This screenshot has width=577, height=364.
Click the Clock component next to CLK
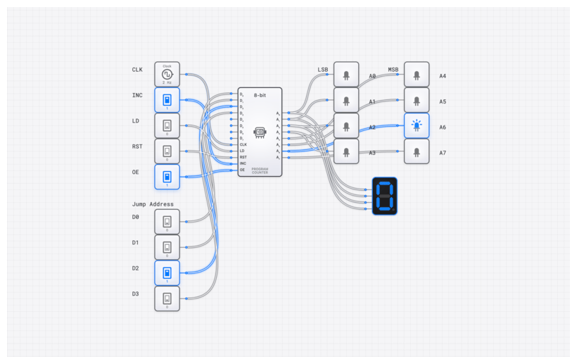(x=167, y=74)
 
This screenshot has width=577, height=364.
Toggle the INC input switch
(x=167, y=99)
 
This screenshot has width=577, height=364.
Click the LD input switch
(x=167, y=125)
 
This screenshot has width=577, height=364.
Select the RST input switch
(x=167, y=151)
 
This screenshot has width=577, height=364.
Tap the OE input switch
(x=167, y=176)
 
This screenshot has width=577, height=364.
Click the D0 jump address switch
(x=167, y=221)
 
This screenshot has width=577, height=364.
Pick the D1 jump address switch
(x=167, y=247)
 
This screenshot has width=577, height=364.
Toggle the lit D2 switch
(x=167, y=272)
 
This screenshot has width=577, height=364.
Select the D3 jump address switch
(x=167, y=298)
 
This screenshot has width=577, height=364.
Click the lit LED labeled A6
(x=417, y=126)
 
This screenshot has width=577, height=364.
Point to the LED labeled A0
(x=346, y=75)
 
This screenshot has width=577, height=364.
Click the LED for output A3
(x=346, y=151)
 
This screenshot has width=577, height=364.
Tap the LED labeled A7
(x=417, y=151)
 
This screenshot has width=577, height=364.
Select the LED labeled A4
(x=417, y=75)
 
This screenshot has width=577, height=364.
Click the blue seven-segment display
(x=385, y=196)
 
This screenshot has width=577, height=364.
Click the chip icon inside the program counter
(x=259, y=132)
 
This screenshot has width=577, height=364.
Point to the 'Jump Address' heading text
(x=153, y=204)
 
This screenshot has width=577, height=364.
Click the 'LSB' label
(x=323, y=70)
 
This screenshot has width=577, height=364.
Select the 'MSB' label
(x=393, y=70)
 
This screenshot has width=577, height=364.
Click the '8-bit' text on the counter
(x=260, y=95)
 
